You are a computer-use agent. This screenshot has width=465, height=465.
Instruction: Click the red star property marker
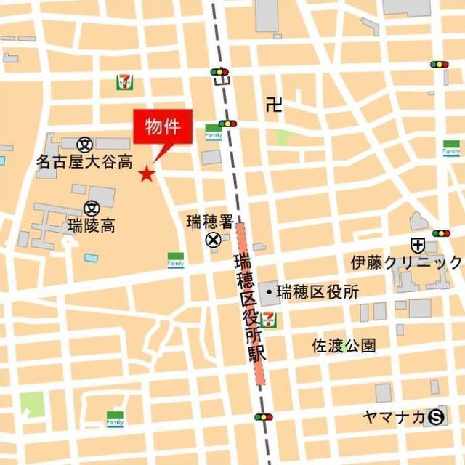[x=147, y=173]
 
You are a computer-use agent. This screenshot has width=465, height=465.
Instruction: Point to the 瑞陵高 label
[x=92, y=225]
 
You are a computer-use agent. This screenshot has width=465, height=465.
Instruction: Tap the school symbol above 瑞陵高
[x=92, y=209]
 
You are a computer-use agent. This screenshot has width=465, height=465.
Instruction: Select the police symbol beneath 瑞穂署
[x=213, y=240]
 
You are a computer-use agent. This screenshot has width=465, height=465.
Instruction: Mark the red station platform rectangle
[x=251, y=305]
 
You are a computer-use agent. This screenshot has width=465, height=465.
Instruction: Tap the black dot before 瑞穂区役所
[x=270, y=292]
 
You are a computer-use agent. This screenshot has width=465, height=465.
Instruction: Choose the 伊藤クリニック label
[x=406, y=263]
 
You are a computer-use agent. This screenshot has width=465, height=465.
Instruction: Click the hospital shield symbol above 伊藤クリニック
[x=418, y=245]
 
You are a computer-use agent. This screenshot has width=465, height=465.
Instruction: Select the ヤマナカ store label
[x=394, y=416]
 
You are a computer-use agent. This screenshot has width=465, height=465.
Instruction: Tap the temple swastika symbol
[x=273, y=105]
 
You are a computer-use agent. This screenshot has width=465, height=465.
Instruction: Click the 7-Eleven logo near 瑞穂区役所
[x=270, y=320]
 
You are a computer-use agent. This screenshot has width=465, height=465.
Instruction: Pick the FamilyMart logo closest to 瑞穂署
[x=176, y=260]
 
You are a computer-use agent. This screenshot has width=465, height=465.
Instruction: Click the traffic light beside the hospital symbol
[x=440, y=233]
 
